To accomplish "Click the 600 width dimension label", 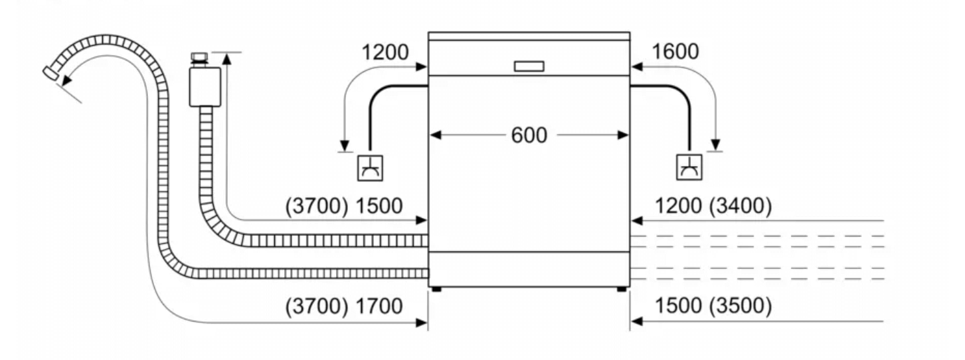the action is click(529, 135).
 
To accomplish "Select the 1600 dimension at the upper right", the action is click(675, 52).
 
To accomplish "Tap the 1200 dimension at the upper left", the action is click(385, 52).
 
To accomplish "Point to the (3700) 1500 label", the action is click(344, 206).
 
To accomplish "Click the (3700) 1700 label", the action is click(344, 306).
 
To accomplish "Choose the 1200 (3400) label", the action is click(713, 205).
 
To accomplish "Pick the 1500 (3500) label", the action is click(713, 306).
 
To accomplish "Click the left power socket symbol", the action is click(370, 168).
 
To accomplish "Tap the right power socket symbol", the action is click(689, 167).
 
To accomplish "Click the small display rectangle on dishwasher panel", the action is click(529, 66).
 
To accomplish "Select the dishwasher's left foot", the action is click(436, 290).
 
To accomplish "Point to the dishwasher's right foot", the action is click(622, 290).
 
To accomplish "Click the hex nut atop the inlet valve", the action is click(199, 57).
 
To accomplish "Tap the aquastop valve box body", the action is click(205, 86).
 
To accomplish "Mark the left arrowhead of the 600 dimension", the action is click(436, 135).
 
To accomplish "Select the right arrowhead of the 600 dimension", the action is click(623, 135).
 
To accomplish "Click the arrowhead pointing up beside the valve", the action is click(226, 58).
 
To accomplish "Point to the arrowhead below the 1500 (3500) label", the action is click(637, 321).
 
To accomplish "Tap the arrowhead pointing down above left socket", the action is click(345, 145).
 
